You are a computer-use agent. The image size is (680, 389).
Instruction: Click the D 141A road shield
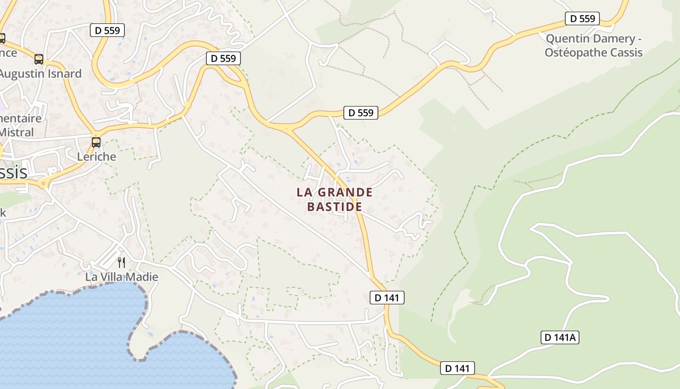point(560,337)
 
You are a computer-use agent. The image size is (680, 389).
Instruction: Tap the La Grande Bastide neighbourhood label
point(335,199)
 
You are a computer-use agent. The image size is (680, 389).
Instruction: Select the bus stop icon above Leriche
point(96,142)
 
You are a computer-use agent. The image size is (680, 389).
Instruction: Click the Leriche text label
point(97,157)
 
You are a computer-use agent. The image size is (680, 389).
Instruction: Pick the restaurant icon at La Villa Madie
point(121,263)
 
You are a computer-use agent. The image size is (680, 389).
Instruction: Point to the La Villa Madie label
point(121,277)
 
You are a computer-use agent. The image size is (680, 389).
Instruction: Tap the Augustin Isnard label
point(41,74)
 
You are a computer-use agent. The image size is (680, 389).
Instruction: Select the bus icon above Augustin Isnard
point(39,59)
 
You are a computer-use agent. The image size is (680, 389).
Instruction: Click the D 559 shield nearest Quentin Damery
point(582,19)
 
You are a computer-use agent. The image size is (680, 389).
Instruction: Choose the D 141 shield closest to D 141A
point(457,369)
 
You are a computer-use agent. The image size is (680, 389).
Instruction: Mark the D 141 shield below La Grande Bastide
point(387,298)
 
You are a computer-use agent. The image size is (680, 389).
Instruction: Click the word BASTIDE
point(335,207)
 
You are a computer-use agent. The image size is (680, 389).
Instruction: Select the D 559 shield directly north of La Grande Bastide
point(361,113)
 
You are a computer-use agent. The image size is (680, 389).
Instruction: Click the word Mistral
point(17,132)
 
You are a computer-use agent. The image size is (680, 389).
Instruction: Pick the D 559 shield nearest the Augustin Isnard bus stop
point(107,30)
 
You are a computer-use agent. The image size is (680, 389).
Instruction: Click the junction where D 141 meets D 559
point(288,129)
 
